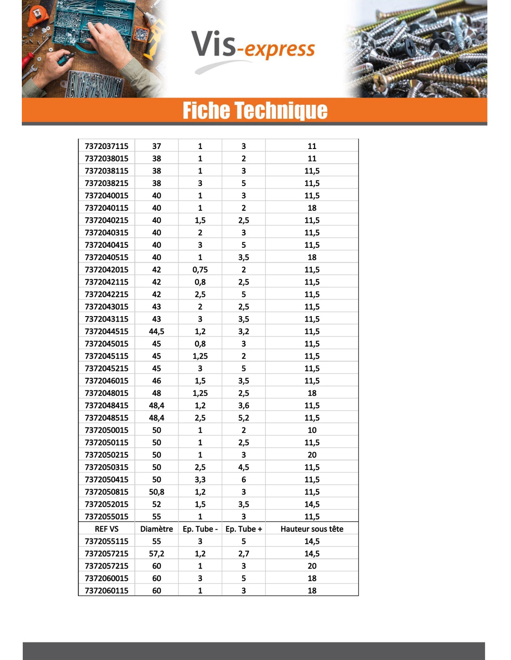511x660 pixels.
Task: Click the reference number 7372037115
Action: pyautogui.click(x=106, y=146)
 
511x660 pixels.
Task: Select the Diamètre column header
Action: pyautogui.click(x=157, y=529)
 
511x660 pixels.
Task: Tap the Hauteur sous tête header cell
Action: pyautogui.click(x=312, y=529)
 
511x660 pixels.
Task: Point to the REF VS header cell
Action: pyautogui.click(x=106, y=529)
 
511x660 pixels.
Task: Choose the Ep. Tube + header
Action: pyautogui.click(x=243, y=529)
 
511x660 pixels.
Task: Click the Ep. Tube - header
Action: pyautogui.click(x=200, y=529)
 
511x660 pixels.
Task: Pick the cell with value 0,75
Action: pyautogui.click(x=200, y=270)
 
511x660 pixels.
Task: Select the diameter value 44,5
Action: pyautogui.click(x=157, y=331)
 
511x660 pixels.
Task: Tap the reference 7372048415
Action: pyautogui.click(x=106, y=406)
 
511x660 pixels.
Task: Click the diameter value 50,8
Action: pyautogui.click(x=157, y=492)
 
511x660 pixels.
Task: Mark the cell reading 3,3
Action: pyautogui.click(x=200, y=479)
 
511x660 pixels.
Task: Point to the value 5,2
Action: pyautogui.click(x=243, y=418)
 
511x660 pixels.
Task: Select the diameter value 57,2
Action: pyautogui.click(x=157, y=554)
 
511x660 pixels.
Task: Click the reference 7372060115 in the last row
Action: pyautogui.click(x=106, y=591)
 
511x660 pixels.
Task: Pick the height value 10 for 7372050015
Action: pyautogui.click(x=312, y=430)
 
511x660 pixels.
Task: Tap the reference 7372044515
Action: pyautogui.click(x=106, y=331)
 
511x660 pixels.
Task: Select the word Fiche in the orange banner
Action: pyautogui.click(x=206, y=110)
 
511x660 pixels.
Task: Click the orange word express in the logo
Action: pyautogui.click(x=280, y=49)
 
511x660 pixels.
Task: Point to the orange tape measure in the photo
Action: pyautogui.click(x=37, y=17)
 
